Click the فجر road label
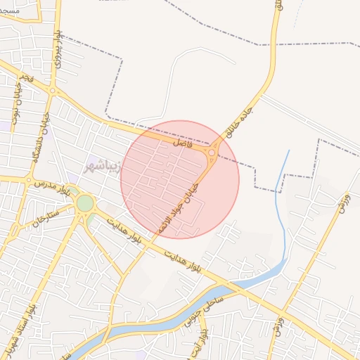pos(25,75)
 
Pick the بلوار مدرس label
pos(53,186)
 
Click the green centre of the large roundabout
pos(85,203)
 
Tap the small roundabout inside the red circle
pos(212,152)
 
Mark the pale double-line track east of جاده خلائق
pos(309,117)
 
